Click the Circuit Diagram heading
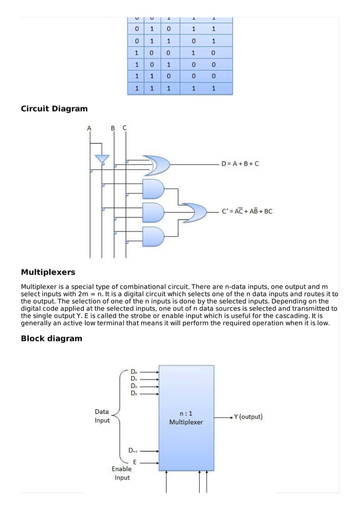[54, 108]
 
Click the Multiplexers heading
[48, 272]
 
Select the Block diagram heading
[51, 338]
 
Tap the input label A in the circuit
[89, 128]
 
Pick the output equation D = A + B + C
[241, 164]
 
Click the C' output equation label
[248, 212]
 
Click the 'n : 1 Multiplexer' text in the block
[186, 418]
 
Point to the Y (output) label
[248, 417]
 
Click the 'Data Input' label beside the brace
[102, 416]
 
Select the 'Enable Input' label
[122, 473]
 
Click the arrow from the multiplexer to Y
[223, 417]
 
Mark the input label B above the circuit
[113, 128]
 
